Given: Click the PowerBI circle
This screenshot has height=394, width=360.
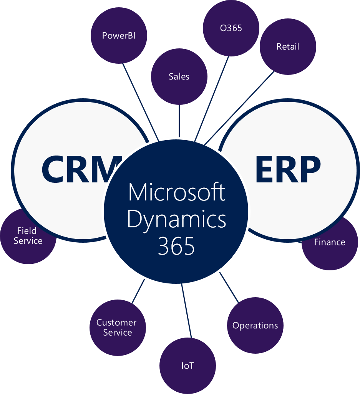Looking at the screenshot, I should click(119, 36).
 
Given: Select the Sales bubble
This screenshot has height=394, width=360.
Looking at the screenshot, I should click(179, 76).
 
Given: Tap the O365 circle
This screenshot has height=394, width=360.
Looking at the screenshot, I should click(231, 28).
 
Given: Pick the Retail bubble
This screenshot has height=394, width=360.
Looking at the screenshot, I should click(287, 46).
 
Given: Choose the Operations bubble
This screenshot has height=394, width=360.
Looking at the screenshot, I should click(255, 325).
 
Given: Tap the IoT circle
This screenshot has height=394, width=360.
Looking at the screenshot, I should click(187, 366).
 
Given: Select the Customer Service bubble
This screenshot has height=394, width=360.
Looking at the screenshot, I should click(117, 328).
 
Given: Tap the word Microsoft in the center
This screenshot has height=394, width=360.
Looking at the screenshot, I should click(176, 192).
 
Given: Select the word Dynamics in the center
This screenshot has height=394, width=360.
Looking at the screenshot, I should click(176, 219).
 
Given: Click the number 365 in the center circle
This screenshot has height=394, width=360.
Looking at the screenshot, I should click(176, 246).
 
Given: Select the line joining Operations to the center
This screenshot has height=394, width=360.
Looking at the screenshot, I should click(229, 287).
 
